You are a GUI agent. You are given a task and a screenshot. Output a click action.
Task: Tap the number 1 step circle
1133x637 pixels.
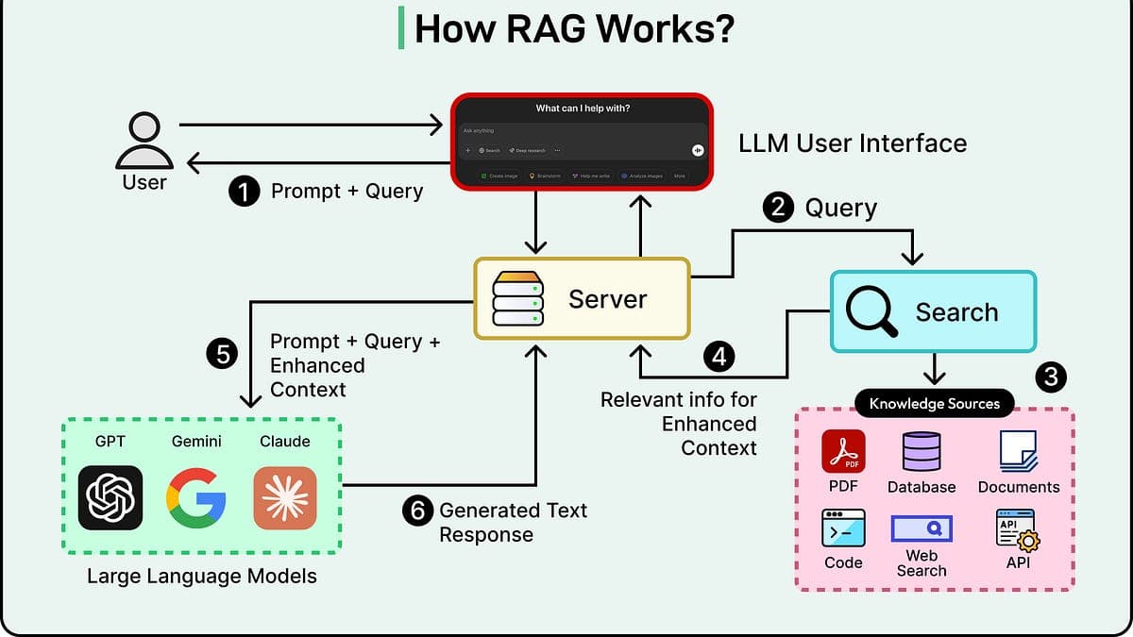pos(245,193)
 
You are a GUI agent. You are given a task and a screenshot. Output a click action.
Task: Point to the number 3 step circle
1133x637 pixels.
pos(1051,377)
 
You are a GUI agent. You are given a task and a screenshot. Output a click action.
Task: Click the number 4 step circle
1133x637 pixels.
pos(719,357)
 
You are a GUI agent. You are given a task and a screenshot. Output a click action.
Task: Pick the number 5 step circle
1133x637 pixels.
pos(222,354)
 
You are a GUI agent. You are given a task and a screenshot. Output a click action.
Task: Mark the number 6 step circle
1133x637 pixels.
pos(416,511)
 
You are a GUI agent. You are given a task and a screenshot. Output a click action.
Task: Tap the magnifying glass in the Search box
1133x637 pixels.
pos(871,311)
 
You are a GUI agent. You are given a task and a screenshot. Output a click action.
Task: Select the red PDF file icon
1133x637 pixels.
pos(842,451)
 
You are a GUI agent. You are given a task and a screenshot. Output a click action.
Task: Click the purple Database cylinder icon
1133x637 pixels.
pos(922,451)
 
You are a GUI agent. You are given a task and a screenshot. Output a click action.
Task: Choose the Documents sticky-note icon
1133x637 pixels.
pos(1018,452)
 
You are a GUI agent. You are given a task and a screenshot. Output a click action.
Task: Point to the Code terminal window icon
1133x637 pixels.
pos(843,528)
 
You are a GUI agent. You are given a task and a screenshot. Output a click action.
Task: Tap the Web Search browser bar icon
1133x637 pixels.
pos(921,528)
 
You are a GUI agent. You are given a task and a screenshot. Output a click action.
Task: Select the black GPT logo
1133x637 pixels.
pos(110,497)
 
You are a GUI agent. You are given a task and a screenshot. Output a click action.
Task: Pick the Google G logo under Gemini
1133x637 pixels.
pos(197,497)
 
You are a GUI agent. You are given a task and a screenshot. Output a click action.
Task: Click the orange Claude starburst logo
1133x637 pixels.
pos(285,497)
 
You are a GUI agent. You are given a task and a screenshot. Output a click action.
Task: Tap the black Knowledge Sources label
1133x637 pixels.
pos(934,404)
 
